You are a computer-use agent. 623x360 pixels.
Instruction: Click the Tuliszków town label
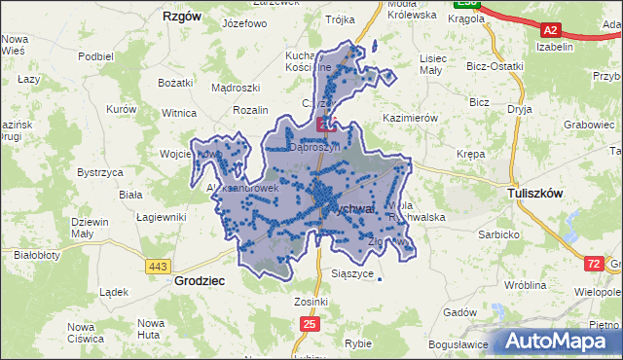tap(535, 194)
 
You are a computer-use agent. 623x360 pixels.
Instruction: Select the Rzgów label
tap(182, 17)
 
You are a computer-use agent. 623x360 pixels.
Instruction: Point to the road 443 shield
tap(157, 266)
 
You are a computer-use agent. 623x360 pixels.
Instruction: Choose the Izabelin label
tap(553, 46)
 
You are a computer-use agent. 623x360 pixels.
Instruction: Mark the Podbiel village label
tap(96, 56)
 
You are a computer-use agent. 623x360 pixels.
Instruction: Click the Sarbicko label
tap(495, 234)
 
